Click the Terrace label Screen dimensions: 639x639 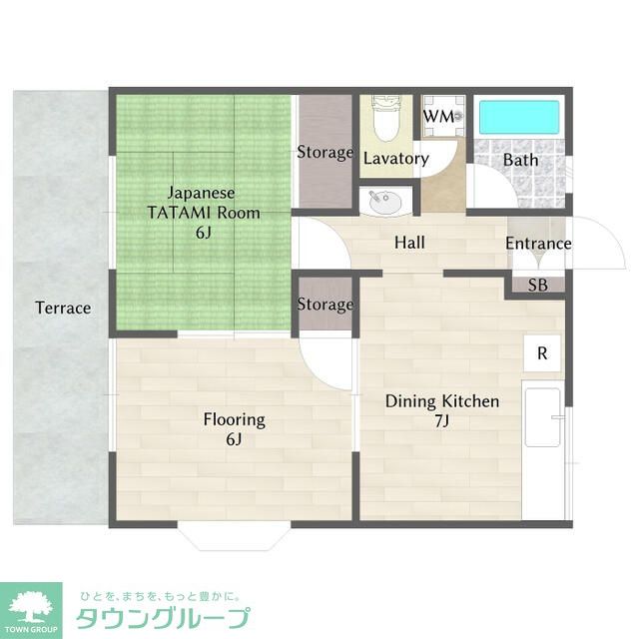[x=63, y=308]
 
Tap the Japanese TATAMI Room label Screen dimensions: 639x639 [x=203, y=212]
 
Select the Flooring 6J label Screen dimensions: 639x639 [x=235, y=429]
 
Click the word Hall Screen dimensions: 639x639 [x=409, y=243]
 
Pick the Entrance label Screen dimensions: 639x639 [x=538, y=244]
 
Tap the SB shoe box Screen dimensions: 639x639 [x=538, y=285]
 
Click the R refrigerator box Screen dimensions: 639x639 [x=542, y=352]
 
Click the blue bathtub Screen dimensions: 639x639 [x=519, y=118]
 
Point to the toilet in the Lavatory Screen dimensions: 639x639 [x=384, y=120]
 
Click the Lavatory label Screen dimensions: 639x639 [x=395, y=158]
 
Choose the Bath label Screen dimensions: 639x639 [x=520, y=159]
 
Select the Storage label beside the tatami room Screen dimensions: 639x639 [x=325, y=153]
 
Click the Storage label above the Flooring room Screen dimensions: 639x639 [x=325, y=305]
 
